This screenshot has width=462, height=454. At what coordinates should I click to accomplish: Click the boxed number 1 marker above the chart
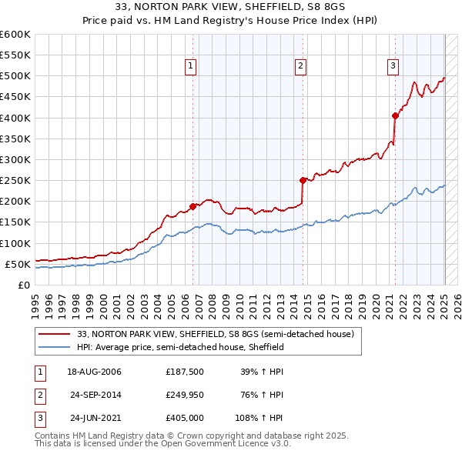(x=189, y=67)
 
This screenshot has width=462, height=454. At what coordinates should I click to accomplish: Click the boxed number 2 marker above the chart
(x=300, y=67)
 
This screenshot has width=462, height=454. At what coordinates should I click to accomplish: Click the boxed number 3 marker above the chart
(x=393, y=67)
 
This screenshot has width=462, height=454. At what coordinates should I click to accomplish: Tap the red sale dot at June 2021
(x=395, y=115)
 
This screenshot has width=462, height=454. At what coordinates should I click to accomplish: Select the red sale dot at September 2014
(x=303, y=180)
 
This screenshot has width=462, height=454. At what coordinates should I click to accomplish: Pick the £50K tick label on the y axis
(x=17, y=264)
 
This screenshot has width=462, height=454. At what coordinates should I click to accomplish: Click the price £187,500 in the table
(x=185, y=372)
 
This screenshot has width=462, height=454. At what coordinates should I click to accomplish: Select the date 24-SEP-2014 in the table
(x=95, y=395)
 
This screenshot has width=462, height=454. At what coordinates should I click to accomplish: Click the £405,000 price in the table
(x=185, y=418)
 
